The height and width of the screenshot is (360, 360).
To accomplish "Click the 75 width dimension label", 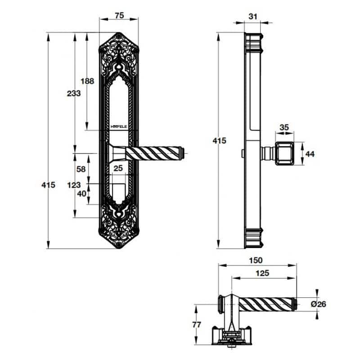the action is tap(119, 16).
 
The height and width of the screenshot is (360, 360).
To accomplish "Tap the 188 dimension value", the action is tap(87, 81).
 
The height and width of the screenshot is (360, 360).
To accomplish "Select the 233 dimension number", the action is tap(74, 94).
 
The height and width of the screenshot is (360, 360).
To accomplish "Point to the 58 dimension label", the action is tap(81, 169).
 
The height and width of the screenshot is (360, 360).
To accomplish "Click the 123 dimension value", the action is tap(74, 185).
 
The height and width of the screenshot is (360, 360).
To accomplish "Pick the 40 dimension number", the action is tap(82, 194).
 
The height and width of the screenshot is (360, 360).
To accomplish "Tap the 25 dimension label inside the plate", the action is tap(118, 168).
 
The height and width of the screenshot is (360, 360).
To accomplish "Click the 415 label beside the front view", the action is tap(49, 185).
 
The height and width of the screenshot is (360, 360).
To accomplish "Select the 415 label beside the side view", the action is tap(220, 140).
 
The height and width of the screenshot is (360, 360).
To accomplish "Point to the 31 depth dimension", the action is tap(253, 17).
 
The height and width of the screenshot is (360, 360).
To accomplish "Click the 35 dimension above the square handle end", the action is tap(284, 127).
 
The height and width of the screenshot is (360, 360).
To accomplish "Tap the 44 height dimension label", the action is tap(310, 154).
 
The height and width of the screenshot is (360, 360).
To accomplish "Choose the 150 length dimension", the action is tap(256, 261).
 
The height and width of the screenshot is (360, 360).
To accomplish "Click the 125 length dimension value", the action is tap(262, 273).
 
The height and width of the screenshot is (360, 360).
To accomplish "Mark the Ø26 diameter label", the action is tap(319, 304).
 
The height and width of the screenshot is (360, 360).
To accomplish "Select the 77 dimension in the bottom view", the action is tap(197, 324).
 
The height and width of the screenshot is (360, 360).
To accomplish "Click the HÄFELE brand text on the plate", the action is tap(119, 126).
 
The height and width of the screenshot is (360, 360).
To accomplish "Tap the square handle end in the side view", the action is tap(284, 153).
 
